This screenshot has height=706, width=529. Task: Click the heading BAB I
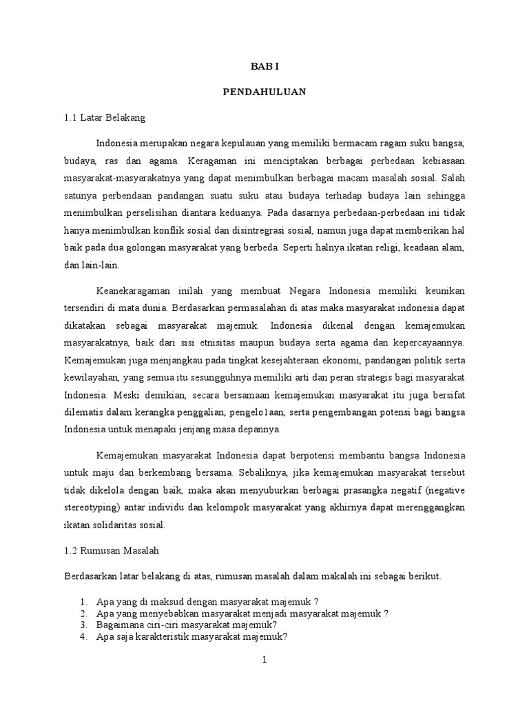[x=264, y=67]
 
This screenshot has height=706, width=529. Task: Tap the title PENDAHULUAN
[x=264, y=92]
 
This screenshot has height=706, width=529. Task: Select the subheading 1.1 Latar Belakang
[x=105, y=117]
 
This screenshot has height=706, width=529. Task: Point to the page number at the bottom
[x=264, y=660]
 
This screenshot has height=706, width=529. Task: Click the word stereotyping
[x=90, y=507]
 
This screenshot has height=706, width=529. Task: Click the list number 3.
[x=83, y=625]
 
